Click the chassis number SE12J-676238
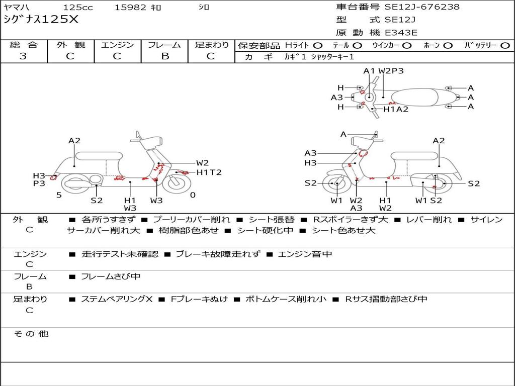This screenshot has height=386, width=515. click(x=422, y=7)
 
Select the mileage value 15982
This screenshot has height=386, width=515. click(x=130, y=8)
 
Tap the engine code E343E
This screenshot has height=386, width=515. click(x=401, y=33)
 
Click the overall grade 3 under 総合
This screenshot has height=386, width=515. click(x=23, y=56)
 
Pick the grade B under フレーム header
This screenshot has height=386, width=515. click(x=164, y=56)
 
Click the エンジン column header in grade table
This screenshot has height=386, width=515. click(x=117, y=45)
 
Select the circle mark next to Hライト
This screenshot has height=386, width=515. click(x=318, y=45)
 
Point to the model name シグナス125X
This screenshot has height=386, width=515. click(x=41, y=20)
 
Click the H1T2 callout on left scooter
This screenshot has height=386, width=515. click(x=209, y=172)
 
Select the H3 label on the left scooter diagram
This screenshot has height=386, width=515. click(x=39, y=175)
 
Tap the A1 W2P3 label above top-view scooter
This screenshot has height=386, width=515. click(x=383, y=71)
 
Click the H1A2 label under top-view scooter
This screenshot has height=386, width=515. click(x=396, y=109)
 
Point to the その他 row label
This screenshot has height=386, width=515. click(x=31, y=334)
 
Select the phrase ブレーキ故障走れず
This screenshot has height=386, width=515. click(x=218, y=254)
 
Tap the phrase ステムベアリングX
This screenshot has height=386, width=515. click(x=117, y=299)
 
